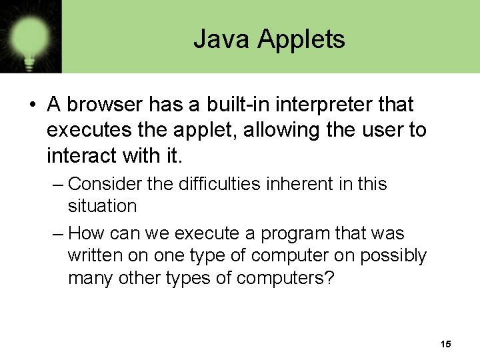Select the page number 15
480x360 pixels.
tap(446, 344)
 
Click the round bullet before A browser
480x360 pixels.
tap(31, 105)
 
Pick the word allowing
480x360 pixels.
tap(282, 131)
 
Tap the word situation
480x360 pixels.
tap(102, 206)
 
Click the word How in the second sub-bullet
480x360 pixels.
tap(85, 233)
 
